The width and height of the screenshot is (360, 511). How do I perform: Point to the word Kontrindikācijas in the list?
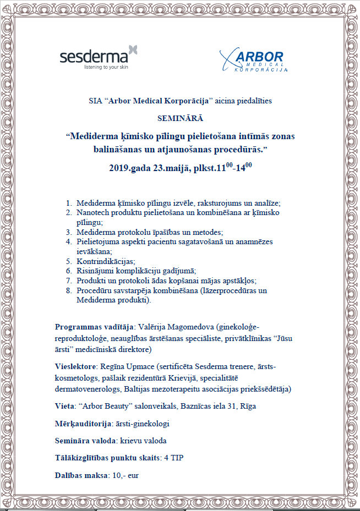coord(106,261)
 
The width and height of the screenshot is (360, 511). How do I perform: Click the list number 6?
coord(68,271)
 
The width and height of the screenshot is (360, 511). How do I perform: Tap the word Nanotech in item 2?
coord(94,212)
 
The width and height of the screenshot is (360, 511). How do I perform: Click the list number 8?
coord(68,290)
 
